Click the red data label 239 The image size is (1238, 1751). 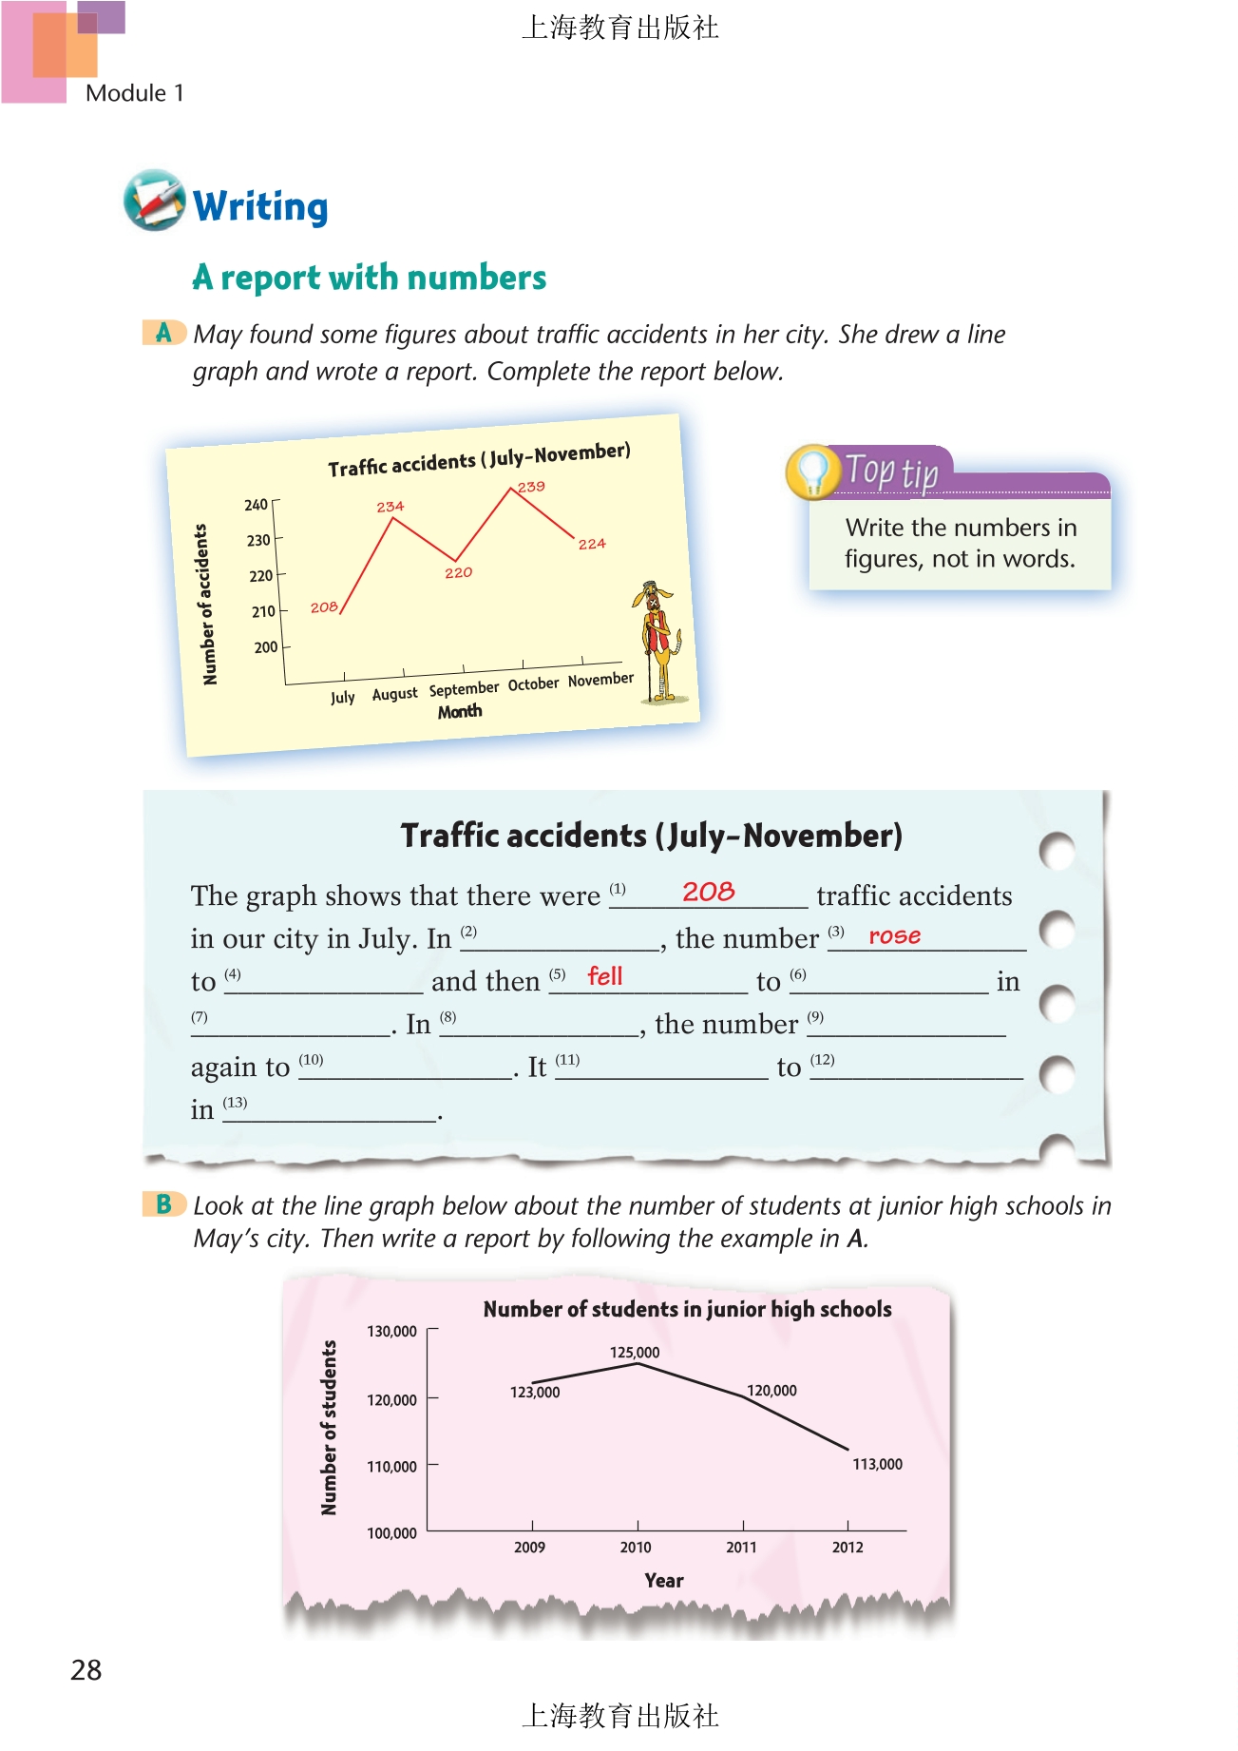point(531,487)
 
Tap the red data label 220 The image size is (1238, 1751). point(458,572)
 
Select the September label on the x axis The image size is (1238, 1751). point(464,688)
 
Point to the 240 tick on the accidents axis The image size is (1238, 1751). point(256,505)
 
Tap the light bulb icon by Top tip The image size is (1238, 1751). point(811,471)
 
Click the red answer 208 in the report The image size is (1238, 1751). point(708,892)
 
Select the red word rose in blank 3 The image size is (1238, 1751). point(894,935)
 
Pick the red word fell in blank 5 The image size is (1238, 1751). point(604,976)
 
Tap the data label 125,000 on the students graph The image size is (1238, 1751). point(634,1352)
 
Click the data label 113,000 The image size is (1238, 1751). point(877,1464)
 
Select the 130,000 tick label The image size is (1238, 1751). point(391,1331)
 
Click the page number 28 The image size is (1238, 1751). point(86,1670)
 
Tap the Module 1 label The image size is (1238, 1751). point(134,93)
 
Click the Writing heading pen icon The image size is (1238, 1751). point(154,200)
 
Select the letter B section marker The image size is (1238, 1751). point(163,1204)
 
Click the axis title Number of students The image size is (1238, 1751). point(329,1427)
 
